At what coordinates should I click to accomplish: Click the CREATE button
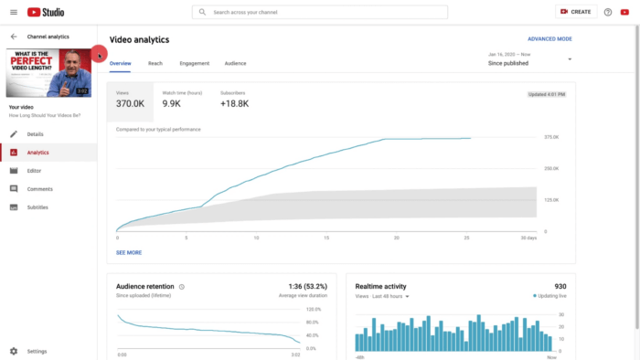(x=575, y=12)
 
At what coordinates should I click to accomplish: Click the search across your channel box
(x=320, y=13)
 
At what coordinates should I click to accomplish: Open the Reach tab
(x=155, y=63)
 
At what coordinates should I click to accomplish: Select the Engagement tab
(x=194, y=63)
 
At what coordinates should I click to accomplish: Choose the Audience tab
(x=235, y=63)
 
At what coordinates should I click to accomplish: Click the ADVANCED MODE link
(x=549, y=39)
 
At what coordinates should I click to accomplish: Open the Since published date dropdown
(x=570, y=59)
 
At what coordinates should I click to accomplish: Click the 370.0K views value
(x=132, y=104)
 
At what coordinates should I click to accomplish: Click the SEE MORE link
(x=129, y=252)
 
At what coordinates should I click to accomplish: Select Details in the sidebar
(x=35, y=134)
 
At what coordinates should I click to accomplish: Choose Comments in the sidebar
(x=39, y=189)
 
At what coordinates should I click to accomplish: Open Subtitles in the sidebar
(x=37, y=207)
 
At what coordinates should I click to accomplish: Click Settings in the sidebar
(x=37, y=351)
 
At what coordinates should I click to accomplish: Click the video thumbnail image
(x=48, y=72)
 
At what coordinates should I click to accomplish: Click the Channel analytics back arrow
(x=14, y=37)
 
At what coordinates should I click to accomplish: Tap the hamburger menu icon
(x=14, y=12)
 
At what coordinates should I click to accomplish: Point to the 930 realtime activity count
(x=560, y=286)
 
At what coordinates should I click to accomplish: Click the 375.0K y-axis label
(x=551, y=138)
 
